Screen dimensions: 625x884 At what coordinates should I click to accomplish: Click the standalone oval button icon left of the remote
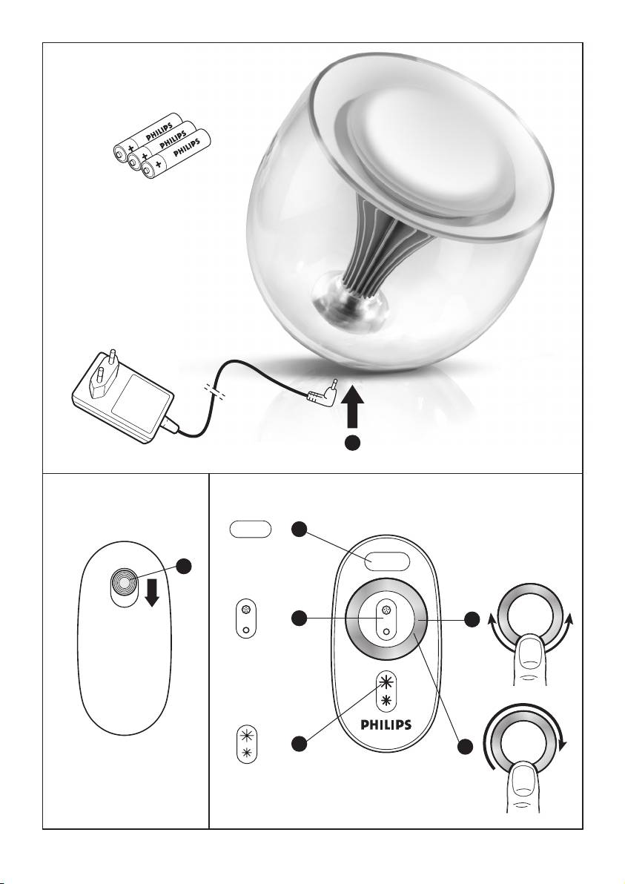pos(251,530)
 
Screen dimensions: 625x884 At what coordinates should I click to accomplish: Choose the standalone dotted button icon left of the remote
pos(245,617)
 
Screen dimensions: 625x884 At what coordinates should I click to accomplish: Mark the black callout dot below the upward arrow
pos(354,443)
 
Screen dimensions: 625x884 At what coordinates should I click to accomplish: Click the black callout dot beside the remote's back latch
pos(186,566)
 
